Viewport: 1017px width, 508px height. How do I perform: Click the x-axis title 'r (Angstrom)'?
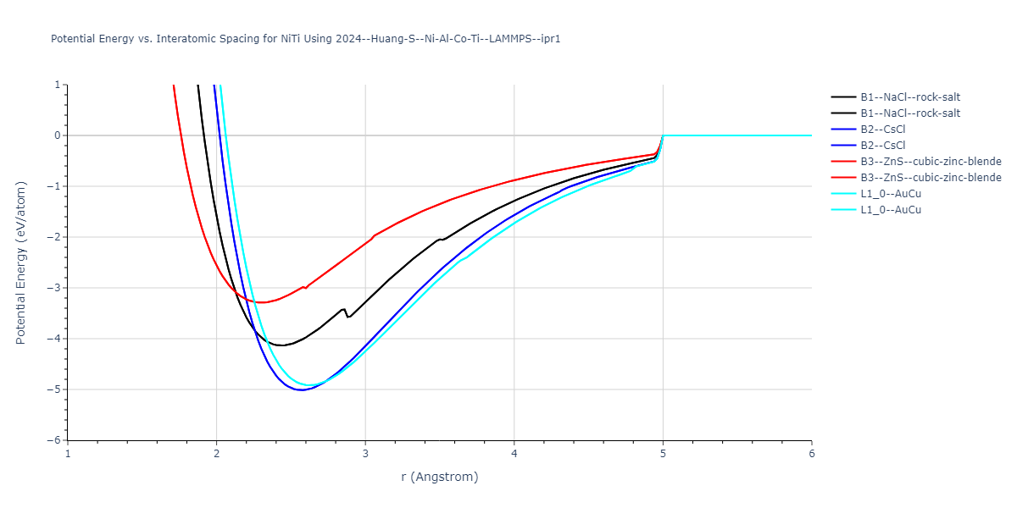click(439, 477)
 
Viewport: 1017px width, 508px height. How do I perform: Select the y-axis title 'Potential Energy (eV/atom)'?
click(21, 262)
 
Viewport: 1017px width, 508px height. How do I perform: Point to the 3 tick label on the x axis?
click(365, 454)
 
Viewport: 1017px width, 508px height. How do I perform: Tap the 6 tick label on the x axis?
click(811, 454)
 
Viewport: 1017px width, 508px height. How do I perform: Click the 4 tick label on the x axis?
click(514, 454)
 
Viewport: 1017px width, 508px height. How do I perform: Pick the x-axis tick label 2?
click(216, 454)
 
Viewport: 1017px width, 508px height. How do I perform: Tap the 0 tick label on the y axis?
click(58, 135)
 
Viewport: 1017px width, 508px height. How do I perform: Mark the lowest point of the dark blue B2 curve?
click(301, 390)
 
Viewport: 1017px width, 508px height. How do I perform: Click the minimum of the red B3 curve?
click(262, 302)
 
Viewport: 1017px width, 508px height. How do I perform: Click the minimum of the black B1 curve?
click(280, 345)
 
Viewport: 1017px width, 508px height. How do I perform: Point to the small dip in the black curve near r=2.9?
click(347, 317)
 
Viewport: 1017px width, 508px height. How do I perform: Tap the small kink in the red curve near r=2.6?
click(305, 288)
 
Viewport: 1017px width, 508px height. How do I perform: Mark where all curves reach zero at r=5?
click(663, 135)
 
